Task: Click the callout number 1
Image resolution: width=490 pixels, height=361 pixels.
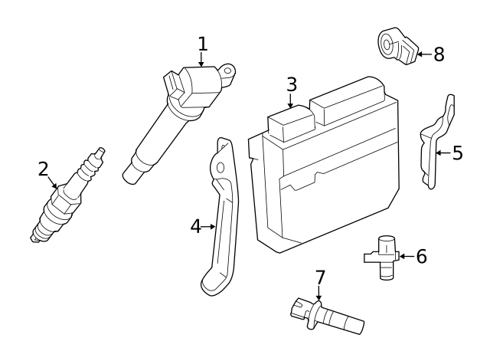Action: tap(202, 44)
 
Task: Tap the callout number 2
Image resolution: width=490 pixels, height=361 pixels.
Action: tap(44, 169)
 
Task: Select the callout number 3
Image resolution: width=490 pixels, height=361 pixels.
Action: tap(291, 84)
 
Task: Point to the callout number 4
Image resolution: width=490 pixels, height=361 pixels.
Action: tap(196, 226)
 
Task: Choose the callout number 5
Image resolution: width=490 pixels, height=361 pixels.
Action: tap(457, 153)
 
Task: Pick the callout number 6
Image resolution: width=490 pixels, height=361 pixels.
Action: tap(421, 256)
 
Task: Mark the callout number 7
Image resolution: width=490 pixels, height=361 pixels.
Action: tap(320, 277)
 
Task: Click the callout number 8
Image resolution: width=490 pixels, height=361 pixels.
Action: tap(439, 54)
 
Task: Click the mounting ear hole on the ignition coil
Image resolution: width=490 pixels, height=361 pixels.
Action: tap(227, 74)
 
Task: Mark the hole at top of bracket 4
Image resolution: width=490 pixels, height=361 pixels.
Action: tap(220, 167)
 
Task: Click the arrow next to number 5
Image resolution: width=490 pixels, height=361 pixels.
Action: tap(442, 153)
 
